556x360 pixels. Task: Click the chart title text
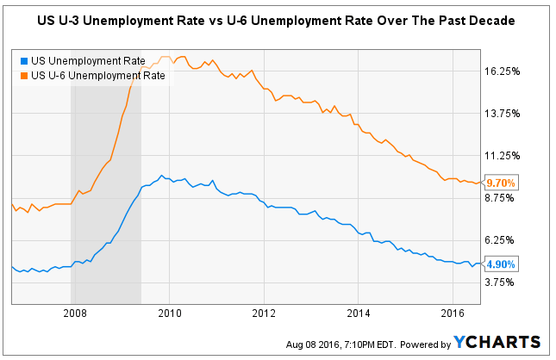pyautogui.click(x=278, y=19)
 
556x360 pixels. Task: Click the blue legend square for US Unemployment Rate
pyautogui.click(x=22, y=62)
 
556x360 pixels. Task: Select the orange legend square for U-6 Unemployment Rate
pyautogui.click(x=22, y=75)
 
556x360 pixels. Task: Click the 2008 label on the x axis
pyautogui.click(x=73, y=314)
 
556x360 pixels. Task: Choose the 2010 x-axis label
pyautogui.click(x=169, y=314)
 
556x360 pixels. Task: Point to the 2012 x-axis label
pyautogui.click(x=263, y=314)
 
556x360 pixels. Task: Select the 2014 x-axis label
pyautogui.click(x=359, y=314)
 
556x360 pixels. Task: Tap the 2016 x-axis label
pyautogui.click(x=453, y=314)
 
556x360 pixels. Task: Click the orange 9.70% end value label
pyautogui.click(x=501, y=183)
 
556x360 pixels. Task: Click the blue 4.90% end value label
pyautogui.click(x=501, y=264)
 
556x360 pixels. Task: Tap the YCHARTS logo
pyautogui.click(x=497, y=343)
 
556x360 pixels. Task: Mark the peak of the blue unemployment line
pyautogui.click(x=161, y=175)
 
